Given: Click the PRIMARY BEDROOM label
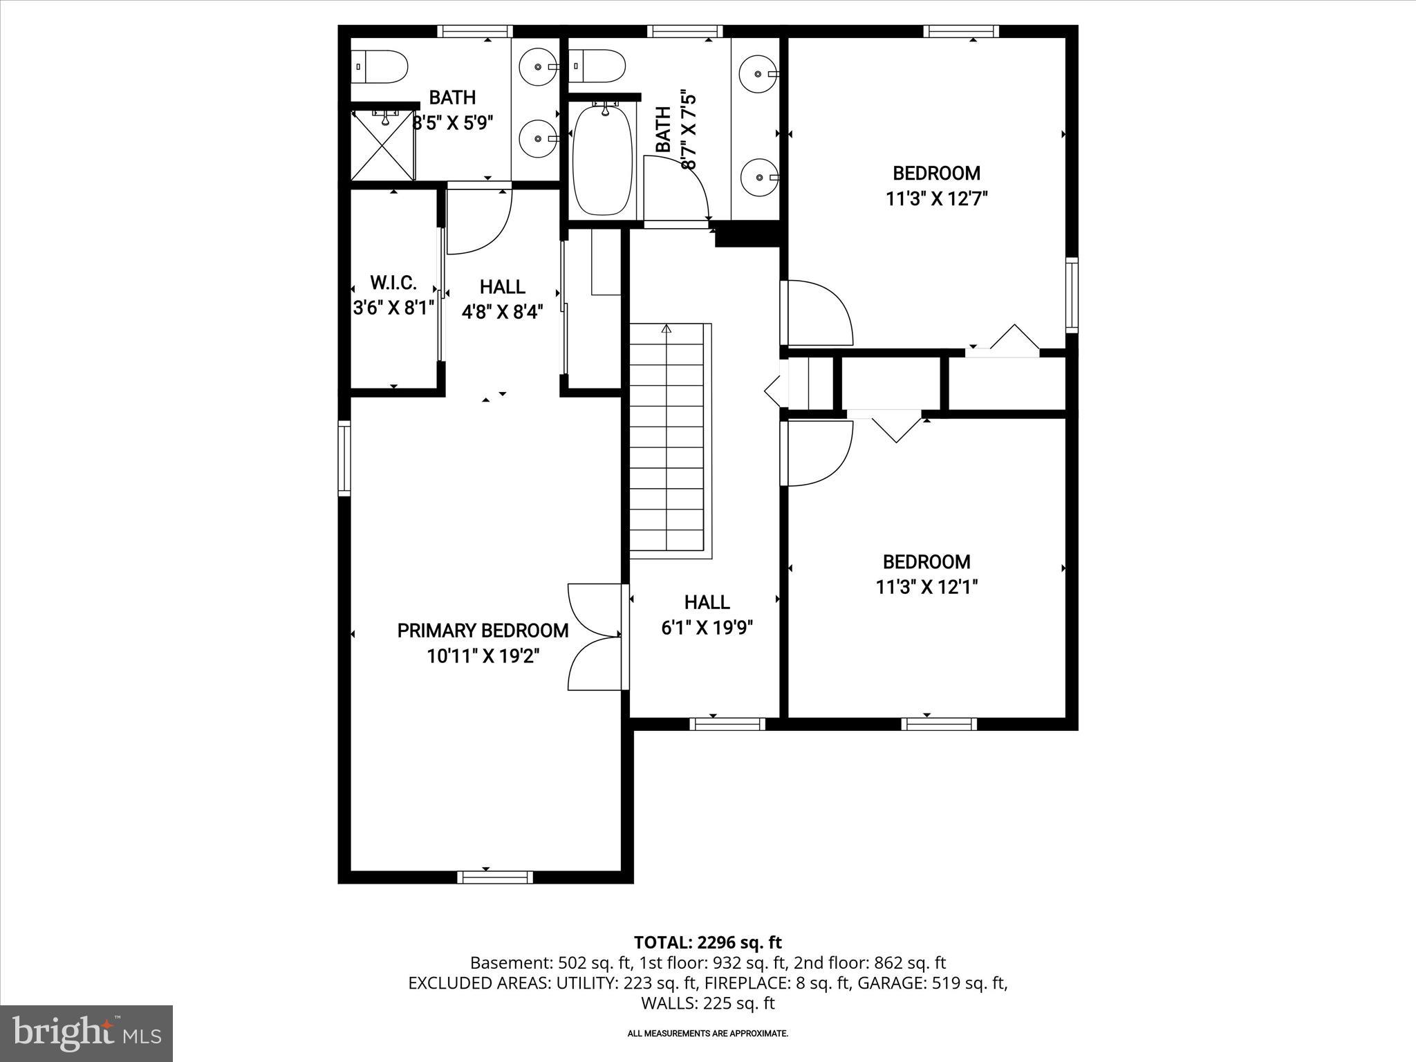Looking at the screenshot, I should pos(483,631).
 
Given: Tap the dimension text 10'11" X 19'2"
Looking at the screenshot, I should pos(483,656).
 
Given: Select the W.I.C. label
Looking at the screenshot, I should pos(393,283).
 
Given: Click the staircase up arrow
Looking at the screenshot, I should pos(667,329).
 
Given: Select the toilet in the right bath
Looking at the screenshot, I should pos(599,66).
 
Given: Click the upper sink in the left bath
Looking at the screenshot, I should pos(538,67).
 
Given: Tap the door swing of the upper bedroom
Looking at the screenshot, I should pos(819,313).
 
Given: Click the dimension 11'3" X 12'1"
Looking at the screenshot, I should pos(926,587).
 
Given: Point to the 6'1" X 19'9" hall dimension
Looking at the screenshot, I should pos(707,628).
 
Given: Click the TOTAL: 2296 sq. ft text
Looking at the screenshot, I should pos(707,942).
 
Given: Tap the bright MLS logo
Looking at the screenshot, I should pos(86,1033).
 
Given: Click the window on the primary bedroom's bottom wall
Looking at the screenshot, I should pos(495,877).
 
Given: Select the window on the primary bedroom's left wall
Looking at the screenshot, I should pos(344,459).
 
